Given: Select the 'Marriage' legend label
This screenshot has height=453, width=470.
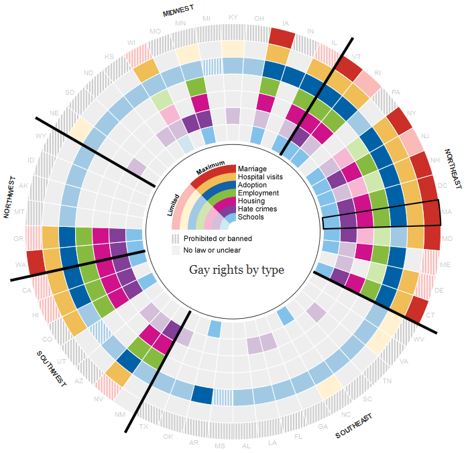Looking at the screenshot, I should coord(252,168).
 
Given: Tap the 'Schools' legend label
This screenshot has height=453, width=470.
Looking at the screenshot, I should coord(251,217).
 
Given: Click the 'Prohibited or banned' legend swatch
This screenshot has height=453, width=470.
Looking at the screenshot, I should coord(176,238).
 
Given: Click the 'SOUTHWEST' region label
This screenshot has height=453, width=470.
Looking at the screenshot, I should coord(51,368).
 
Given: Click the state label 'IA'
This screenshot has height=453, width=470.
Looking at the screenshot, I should coord(287,22).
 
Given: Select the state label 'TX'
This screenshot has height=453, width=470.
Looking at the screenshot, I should coord(143,426).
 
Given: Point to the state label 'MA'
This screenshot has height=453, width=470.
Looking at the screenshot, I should coord(447,211).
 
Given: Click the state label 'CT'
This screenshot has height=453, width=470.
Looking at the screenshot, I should coord(429,315).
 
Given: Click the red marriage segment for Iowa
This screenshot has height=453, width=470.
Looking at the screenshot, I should coord(281,37).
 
